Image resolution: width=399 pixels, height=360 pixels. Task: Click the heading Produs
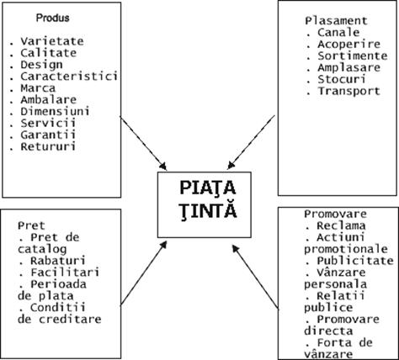53,18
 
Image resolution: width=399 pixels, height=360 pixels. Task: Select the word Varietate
52,41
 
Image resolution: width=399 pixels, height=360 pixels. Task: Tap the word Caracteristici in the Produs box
69,77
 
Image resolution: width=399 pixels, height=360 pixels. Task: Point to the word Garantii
48,135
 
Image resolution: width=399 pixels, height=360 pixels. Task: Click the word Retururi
48,146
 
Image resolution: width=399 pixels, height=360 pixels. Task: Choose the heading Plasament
336,21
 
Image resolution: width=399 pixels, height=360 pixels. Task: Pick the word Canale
338,32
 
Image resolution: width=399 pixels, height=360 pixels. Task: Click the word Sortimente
353,56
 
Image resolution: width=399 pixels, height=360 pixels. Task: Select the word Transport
348,91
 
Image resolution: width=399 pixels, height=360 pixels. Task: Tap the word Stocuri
342,79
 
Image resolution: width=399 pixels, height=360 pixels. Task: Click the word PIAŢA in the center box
208,188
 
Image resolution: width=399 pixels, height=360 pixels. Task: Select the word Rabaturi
58,261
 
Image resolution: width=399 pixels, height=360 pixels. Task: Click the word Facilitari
65,273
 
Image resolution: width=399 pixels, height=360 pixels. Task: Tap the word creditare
70,320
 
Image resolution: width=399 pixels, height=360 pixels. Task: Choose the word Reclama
341,225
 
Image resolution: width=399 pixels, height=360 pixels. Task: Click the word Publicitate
355,261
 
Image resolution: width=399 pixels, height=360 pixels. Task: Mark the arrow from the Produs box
143,143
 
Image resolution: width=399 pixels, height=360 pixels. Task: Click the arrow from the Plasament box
251,142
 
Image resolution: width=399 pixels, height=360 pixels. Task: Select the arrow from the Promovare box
255,278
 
